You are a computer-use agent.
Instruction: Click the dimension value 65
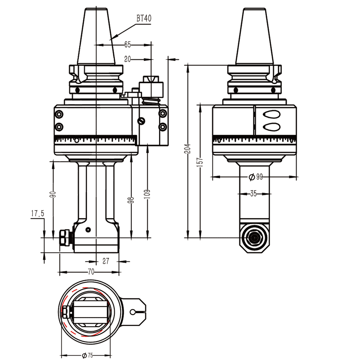tap(127, 44)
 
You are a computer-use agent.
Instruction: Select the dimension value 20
tap(127, 59)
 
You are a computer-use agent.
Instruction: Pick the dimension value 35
tap(254, 193)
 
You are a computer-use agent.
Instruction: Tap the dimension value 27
tap(107, 260)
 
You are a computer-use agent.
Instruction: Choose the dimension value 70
tap(90, 271)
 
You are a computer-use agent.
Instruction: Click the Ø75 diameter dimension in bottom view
tap(88, 355)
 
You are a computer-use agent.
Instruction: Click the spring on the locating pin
tap(151, 99)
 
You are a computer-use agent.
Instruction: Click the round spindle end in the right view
tap(255, 238)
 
